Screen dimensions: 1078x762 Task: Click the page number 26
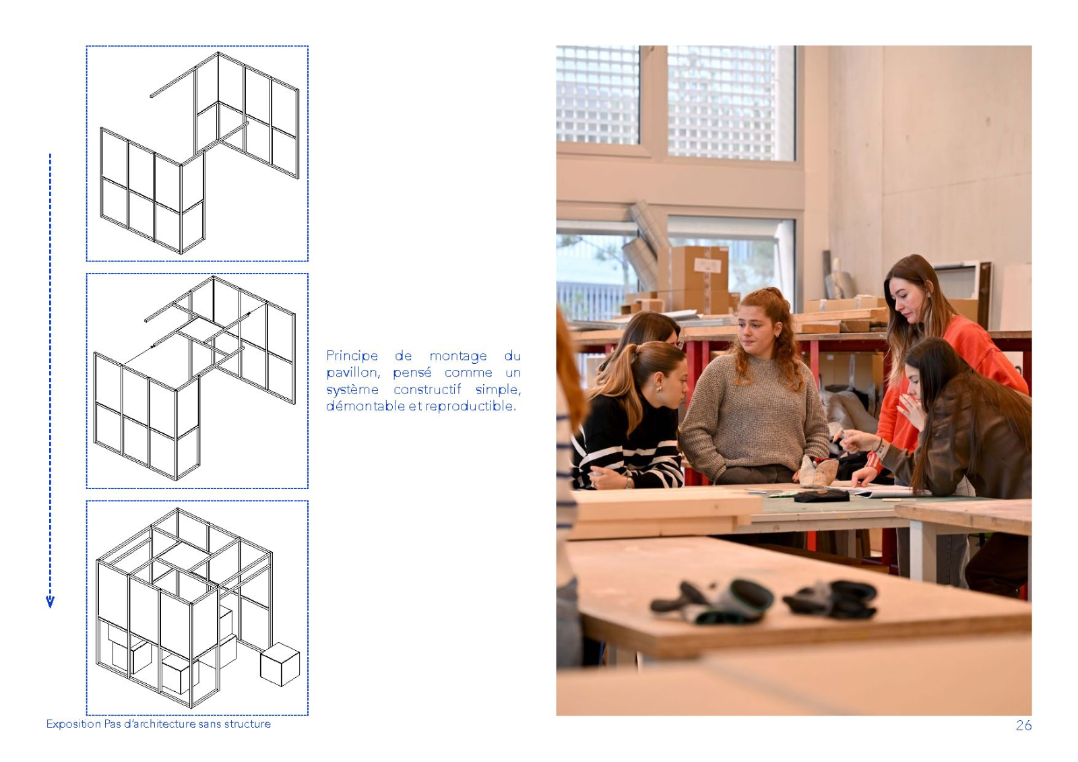(1023, 725)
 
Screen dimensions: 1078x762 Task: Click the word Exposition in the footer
(73, 724)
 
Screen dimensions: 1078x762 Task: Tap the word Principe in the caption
(352, 356)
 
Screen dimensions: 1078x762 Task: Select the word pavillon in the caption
(353, 373)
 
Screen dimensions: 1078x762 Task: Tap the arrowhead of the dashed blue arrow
(50, 602)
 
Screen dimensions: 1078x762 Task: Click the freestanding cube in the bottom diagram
(280, 664)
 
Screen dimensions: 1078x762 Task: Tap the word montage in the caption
(458, 356)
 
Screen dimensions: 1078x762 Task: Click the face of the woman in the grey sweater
(755, 333)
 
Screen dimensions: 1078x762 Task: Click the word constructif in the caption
(427, 389)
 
